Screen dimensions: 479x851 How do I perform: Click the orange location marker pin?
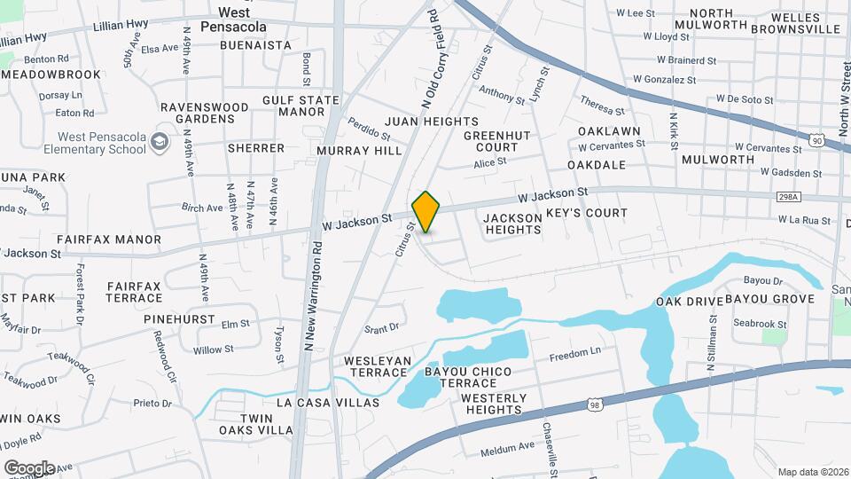[x=425, y=212]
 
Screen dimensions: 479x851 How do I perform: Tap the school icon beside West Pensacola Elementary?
[x=160, y=142]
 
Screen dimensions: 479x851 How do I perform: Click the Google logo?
[x=29, y=467]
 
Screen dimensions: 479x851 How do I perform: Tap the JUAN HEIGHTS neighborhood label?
[x=432, y=122]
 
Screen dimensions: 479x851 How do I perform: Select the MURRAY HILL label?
[x=360, y=151]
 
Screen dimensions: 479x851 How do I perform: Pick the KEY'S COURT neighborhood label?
[x=586, y=213]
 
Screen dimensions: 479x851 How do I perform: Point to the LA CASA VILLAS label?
[x=328, y=403]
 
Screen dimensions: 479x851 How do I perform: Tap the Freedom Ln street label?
[x=574, y=353]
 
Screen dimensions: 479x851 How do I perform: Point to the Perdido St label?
[x=369, y=128]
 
